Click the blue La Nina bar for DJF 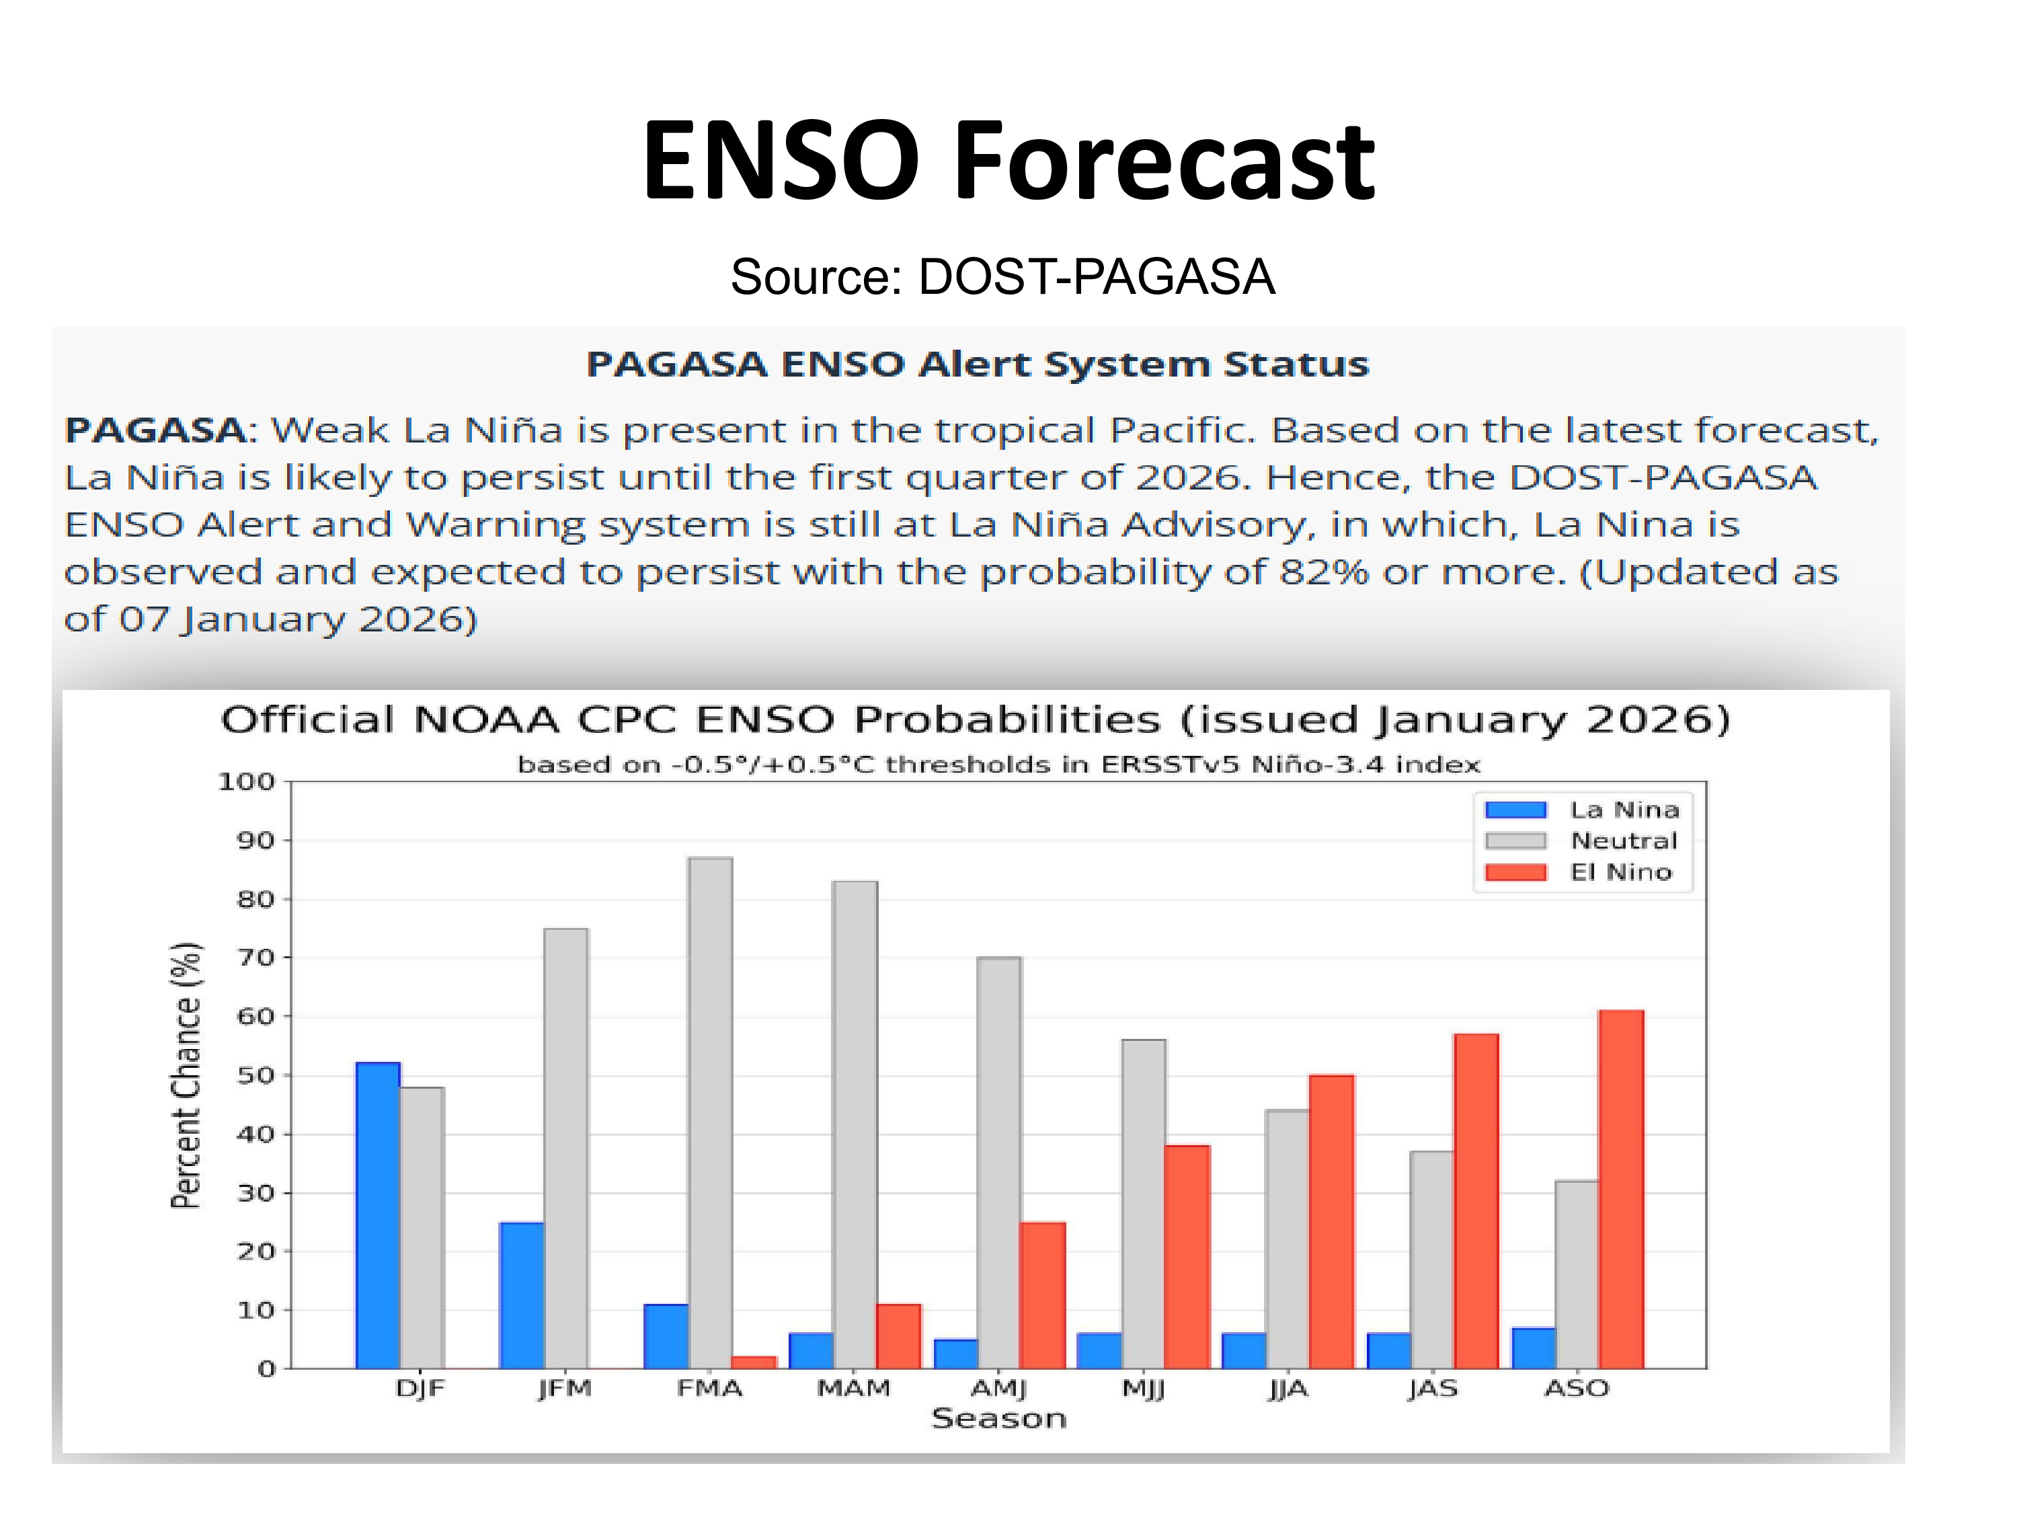[377, 1215]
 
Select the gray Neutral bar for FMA [711, 1113]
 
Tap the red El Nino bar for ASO [1620, 1190]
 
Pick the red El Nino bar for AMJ [1042, 1295]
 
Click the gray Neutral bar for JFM [565, 1149]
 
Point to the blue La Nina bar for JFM [522, 1295]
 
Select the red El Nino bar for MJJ [1187, 1257]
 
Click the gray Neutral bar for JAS [1431, 1259]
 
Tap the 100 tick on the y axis [246, 781]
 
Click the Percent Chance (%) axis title [186, 1075]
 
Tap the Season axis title [998, 1419]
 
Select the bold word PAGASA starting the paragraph [156, 430]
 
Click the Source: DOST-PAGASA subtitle [1002, 276]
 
